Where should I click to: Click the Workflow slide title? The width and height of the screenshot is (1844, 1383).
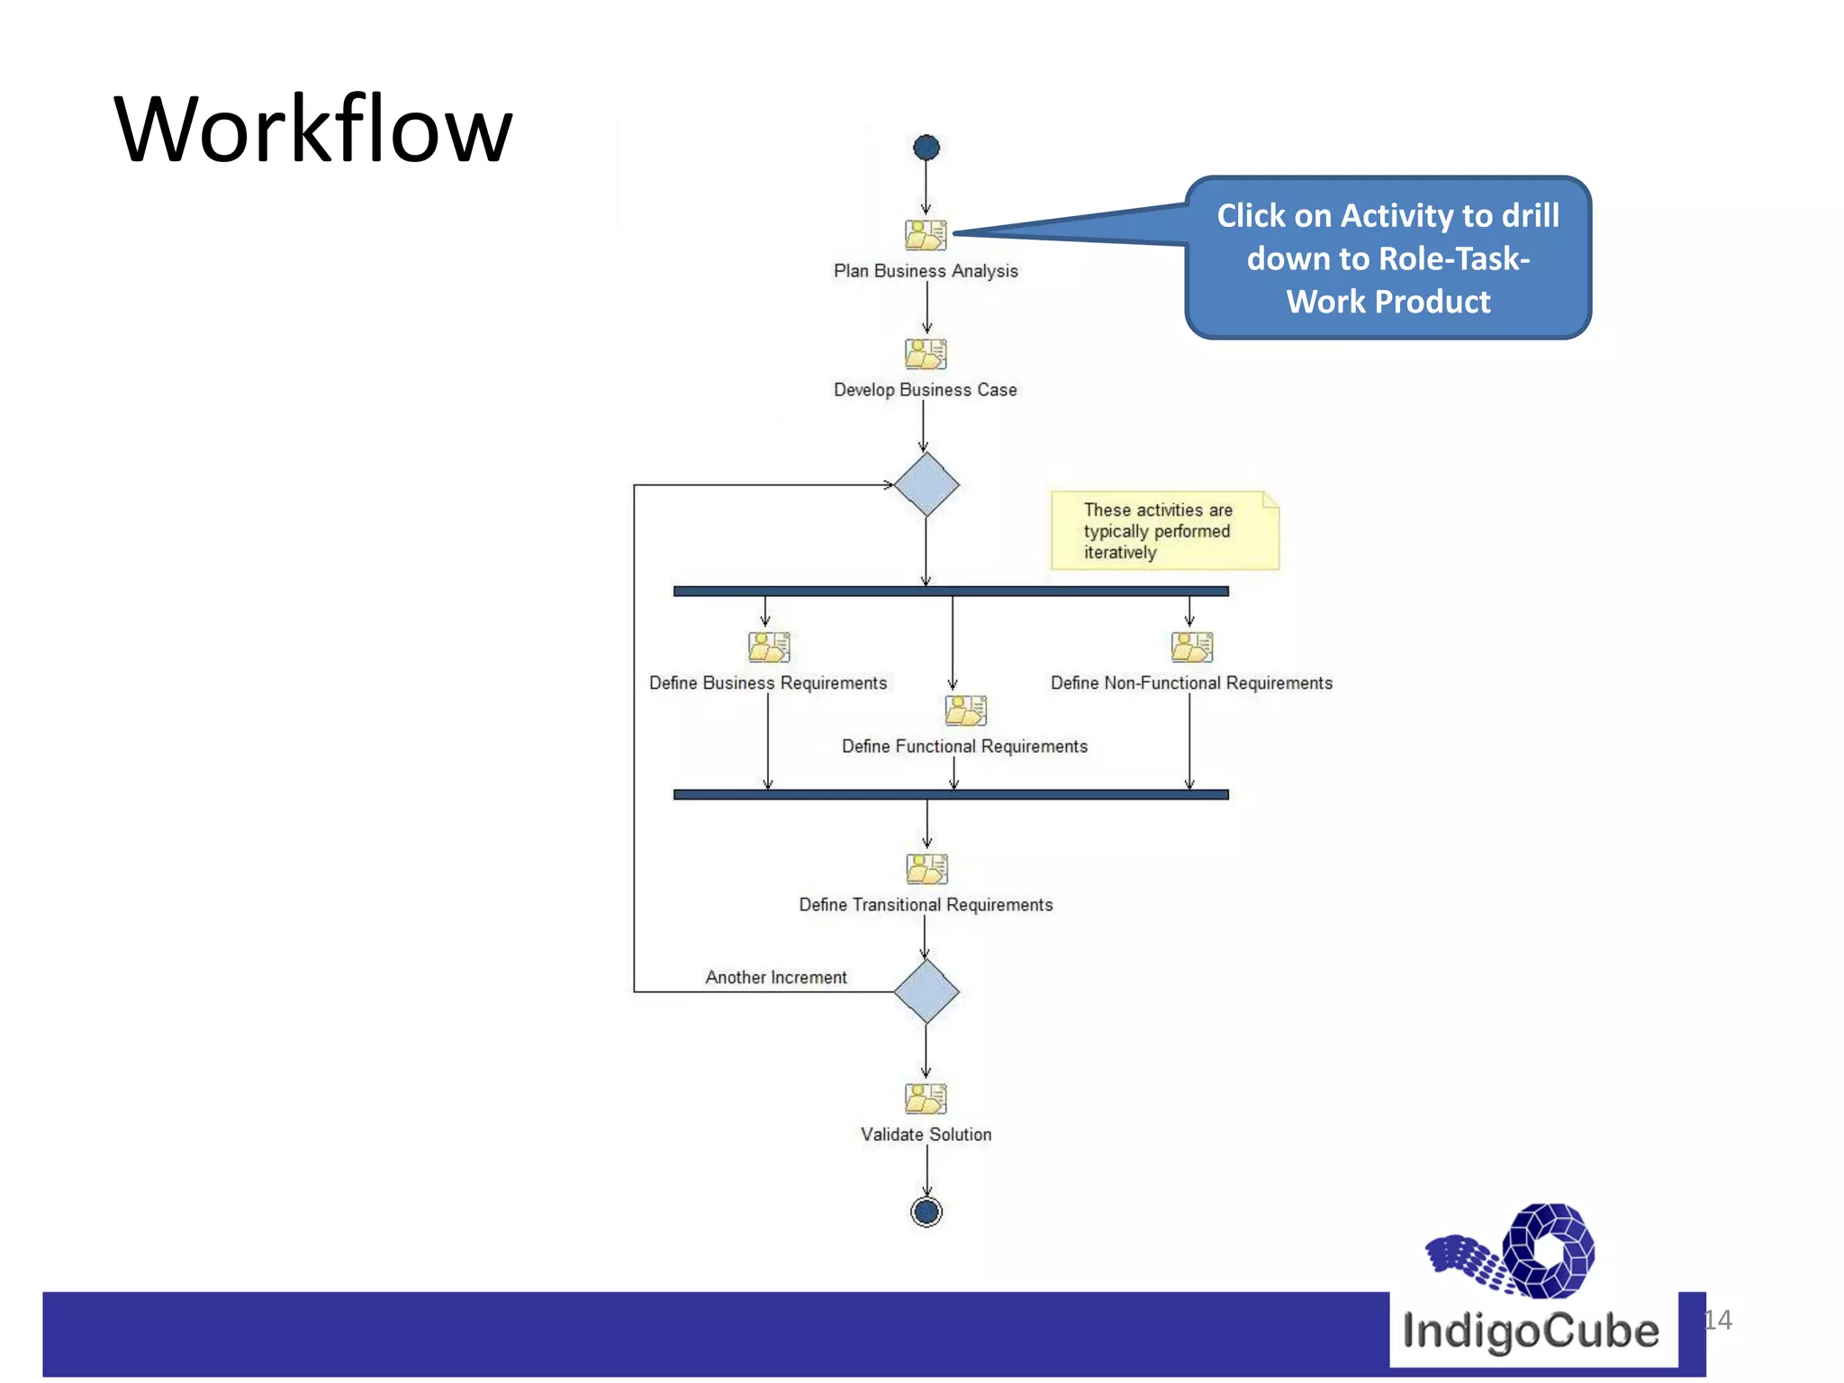[312, 131]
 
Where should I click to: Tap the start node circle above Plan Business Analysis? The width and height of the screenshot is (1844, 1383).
[926, 148]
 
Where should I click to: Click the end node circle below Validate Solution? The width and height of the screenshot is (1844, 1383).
[926, 1212]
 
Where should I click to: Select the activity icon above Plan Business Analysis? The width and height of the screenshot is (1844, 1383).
[926, 235]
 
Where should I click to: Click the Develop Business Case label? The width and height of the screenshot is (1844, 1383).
[925, 390]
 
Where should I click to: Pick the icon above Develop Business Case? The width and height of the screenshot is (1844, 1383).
[926, 354]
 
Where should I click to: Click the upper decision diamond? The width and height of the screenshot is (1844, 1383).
[926, 484]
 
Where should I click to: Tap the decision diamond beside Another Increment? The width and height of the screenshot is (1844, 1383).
[926, 991]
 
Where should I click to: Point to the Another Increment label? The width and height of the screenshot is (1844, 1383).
[775, 977]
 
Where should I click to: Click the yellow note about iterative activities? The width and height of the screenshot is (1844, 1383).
[1164, 530]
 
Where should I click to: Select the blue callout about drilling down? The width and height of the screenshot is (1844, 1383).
[1388, 258]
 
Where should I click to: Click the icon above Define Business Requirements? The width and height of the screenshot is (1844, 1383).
[768, 646]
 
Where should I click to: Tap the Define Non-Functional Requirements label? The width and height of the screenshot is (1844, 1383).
[1190, 682]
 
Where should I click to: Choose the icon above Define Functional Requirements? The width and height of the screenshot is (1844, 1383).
[965, 710]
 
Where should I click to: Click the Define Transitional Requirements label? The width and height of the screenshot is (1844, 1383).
[925, 904]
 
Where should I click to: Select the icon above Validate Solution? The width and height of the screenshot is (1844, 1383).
[926, 1098]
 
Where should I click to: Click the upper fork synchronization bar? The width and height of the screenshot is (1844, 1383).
[950, 592]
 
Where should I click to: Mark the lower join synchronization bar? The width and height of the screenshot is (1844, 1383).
[950, 794]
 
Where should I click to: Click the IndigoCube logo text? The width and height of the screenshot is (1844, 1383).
[1530, 1331]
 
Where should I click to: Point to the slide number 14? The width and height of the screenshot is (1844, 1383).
[1718, 1320]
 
